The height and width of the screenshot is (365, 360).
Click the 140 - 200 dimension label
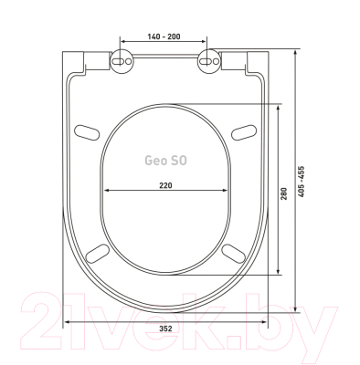pos(164,36)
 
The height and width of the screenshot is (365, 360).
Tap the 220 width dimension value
pos(165,185)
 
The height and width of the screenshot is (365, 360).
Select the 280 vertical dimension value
pos(284,193)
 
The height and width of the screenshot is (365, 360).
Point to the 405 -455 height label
pos(301,182)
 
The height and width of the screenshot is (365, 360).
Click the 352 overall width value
pos(165,328)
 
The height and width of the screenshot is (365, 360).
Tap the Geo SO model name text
pos(165,161)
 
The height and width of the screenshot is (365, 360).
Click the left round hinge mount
pos(122,61)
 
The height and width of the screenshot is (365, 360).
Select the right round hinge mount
pos(208,61)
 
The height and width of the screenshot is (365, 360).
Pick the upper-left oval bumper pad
pos(87,132)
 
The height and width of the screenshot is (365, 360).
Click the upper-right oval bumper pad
pos(244,132)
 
